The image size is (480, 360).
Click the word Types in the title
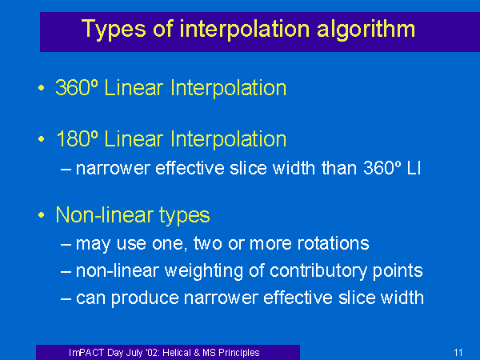tap(114, 30)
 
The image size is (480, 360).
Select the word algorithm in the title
tap(366, 30)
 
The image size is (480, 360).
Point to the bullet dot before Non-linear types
tap(42, 215)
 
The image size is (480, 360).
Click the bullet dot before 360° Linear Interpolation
tap(42, 88)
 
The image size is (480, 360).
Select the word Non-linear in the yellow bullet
tap(105, 214)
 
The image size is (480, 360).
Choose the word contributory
tap(318, 271)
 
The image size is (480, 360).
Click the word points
tap(398, 271)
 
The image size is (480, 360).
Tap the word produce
tap(145, 298)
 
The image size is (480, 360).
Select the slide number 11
tap(458, 353)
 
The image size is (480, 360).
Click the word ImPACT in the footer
tap(86, 353)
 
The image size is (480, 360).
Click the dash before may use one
tap(66, 245)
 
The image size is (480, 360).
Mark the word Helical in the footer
tap(182, 353)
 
